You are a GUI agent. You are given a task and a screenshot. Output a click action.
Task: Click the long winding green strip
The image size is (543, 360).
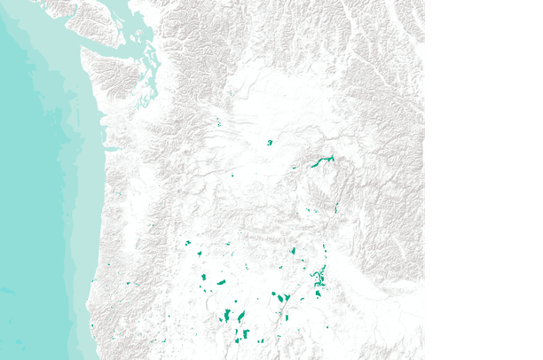321,161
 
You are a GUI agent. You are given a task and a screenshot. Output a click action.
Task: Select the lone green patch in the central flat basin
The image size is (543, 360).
270,142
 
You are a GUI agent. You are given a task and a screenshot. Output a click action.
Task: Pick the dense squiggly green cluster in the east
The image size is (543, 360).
318,282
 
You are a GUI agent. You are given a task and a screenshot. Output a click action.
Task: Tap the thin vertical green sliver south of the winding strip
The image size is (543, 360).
336,207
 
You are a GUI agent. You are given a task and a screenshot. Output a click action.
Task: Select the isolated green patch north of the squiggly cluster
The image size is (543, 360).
293,251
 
